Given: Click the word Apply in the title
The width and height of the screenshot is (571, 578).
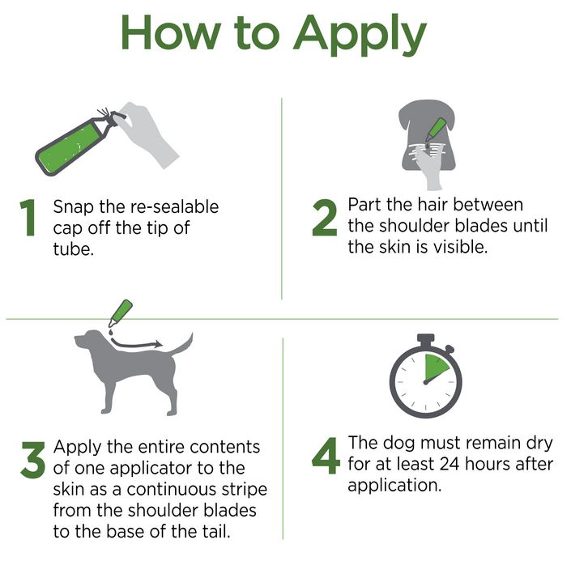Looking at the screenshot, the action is [360, 35].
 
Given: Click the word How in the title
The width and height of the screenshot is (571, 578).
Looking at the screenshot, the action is [171, 32].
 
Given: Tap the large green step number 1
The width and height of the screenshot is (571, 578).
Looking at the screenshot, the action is [28, 218].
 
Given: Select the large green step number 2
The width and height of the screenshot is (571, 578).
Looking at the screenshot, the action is [325, 218].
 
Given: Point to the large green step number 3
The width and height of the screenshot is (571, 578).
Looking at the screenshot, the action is [33, 460].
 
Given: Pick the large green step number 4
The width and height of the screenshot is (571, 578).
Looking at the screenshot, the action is [326, 456].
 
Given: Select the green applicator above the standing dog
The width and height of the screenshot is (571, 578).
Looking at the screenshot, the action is [121, 313].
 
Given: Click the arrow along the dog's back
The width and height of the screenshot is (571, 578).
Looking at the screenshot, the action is [137, 344].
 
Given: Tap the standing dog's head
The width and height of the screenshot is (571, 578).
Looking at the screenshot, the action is [88, 340].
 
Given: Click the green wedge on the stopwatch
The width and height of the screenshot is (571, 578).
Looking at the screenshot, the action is [435, 368].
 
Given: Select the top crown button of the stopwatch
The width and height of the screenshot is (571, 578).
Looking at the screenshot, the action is [426, 339].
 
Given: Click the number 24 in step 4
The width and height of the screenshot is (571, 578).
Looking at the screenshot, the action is [450, 464].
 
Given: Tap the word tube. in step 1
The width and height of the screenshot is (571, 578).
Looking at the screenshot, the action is [74, 249].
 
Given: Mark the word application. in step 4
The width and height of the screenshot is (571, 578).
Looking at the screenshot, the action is [394, 486].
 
